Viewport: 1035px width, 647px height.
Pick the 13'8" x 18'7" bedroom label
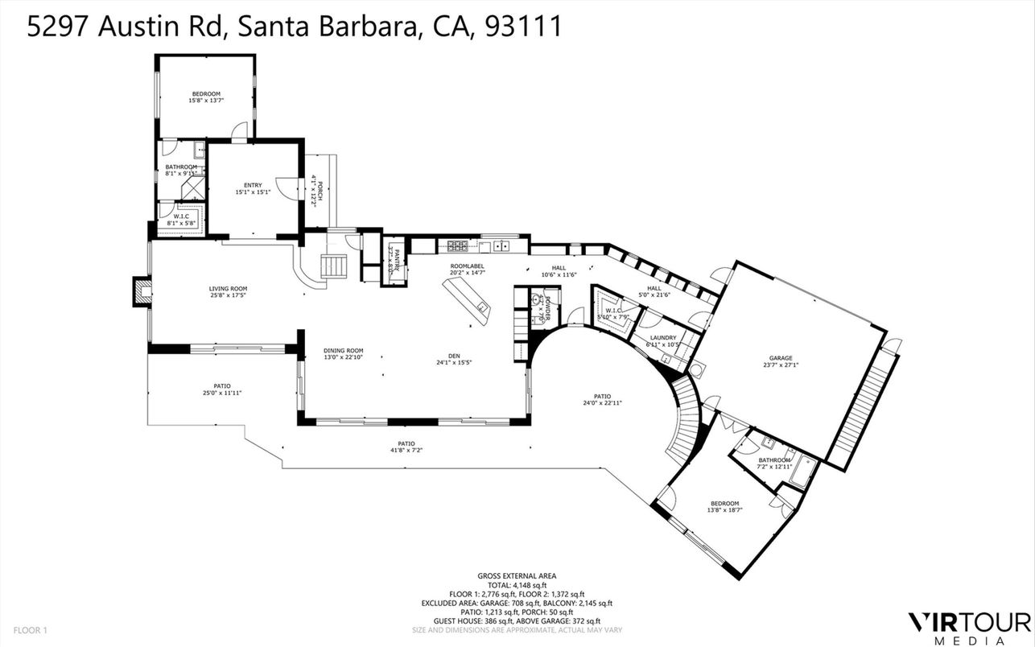pyautogui.click(x=724, y=506)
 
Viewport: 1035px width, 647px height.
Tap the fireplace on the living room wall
pyautogui.click(x=142, y=291)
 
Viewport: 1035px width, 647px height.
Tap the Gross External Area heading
pyautogui.click(x=517, y=575)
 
